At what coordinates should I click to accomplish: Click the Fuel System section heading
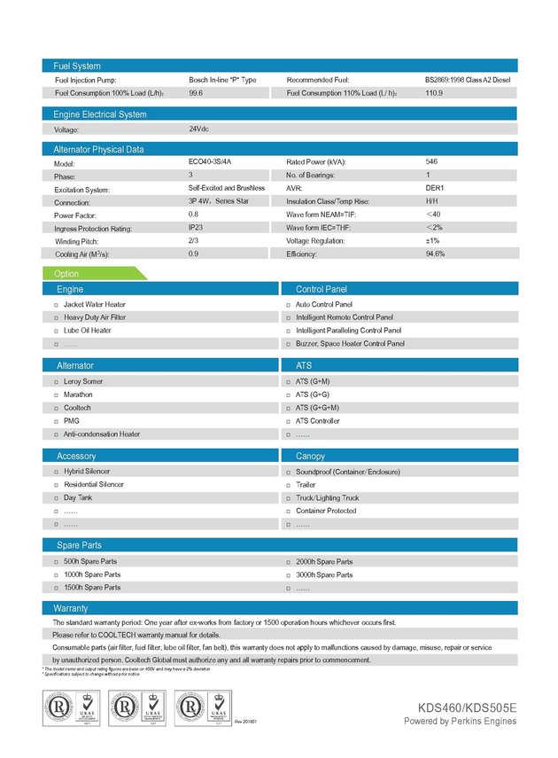(77, 66)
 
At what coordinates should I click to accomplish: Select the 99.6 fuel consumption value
(196, 92)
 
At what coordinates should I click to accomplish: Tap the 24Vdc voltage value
(198, 129)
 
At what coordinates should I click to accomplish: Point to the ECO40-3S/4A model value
(209, 162)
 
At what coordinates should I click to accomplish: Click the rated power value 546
(432, 162)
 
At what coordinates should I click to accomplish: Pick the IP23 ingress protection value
(196, 228)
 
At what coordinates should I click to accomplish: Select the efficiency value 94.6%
(435, 254)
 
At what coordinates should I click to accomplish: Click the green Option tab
(68, 274)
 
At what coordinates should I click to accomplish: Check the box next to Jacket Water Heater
(56, 305)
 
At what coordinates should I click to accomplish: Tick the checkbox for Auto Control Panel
(288, 305)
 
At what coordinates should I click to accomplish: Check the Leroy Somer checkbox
(56, 382)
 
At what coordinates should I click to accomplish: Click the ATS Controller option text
(318, 421)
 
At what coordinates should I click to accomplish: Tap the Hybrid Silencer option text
(87, 472)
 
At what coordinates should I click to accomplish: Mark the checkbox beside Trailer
(288, 486)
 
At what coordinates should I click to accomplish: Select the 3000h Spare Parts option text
(324, 574)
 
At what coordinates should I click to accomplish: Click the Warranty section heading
(71, 608)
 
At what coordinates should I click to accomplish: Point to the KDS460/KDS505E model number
(468, 707)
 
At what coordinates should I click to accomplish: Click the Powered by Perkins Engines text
(460, 722)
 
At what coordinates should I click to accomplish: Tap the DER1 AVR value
(435, 189)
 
